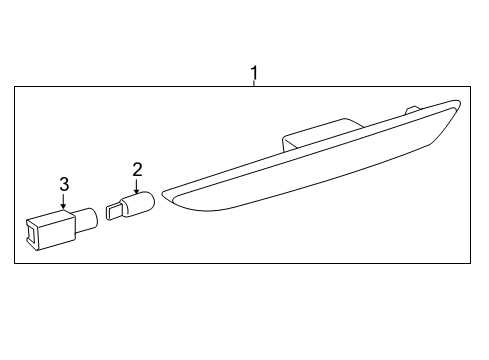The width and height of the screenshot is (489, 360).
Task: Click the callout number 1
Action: tap(254, 72)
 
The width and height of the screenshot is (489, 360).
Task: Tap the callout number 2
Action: tap(137, 170)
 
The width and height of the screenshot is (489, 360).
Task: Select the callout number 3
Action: tap(63, 184)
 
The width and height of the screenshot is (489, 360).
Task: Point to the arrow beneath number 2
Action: tap(137, 186)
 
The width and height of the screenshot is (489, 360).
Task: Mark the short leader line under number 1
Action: tap(254, 83)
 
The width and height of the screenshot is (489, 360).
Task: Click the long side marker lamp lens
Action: tap(310, 170)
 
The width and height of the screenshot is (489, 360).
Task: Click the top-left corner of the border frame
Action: tap(15, 87)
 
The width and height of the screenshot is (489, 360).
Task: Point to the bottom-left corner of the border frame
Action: tap(15, 263)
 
